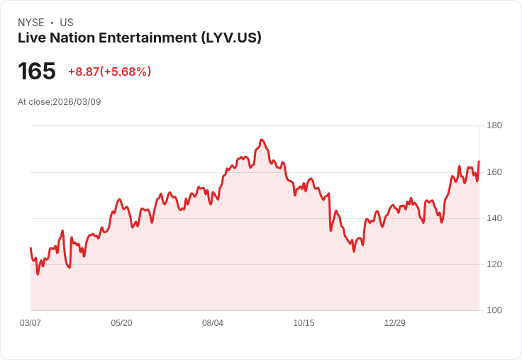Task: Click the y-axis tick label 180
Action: click(494, 125)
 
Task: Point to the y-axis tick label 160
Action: click(494, 172)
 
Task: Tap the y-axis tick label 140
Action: click(494, 218)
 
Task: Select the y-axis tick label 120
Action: click(494, 264)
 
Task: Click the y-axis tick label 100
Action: click(494, 310)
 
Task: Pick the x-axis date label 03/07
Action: click(30, 323)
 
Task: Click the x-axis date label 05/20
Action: click(121, 323)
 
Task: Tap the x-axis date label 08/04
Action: click(213, 323)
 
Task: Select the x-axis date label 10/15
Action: click(304, 323)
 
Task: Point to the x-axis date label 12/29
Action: click(395, 323)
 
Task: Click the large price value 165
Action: click(37, 72)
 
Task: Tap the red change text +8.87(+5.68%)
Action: click(109, 72)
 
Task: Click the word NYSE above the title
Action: click(30, 23)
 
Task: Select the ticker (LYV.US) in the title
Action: click(231, 38)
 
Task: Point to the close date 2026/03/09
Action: click(77, 102)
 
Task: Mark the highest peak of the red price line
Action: click(262, 140)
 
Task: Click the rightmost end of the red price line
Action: click(479, 162)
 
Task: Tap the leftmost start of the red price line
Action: click(30, 248)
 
